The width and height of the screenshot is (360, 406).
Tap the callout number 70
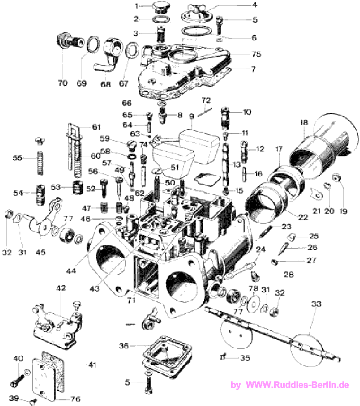click(63, 83)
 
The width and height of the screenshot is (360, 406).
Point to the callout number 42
click(61, 288)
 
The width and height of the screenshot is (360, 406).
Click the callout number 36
click(124, 346)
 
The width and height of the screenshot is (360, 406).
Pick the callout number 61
click(97, 127)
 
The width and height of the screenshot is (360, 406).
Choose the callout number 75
click(256, 54)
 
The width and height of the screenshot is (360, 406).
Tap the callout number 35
click(244, 358)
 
